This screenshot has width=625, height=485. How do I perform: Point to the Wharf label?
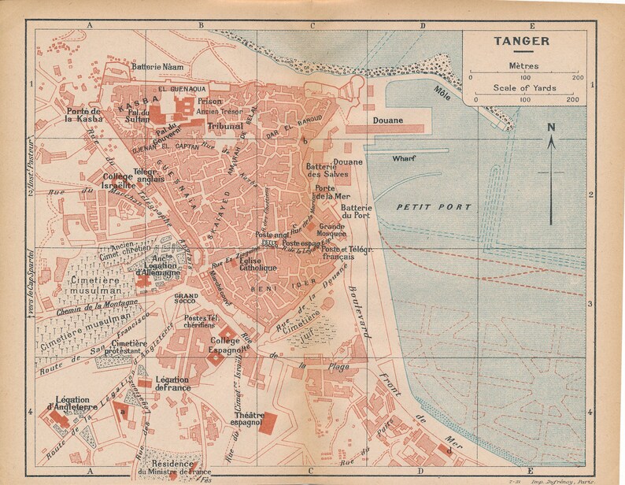coord(403,158)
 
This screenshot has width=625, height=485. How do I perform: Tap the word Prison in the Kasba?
coord(209,101)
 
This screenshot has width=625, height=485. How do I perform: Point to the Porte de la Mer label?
coord(330,193)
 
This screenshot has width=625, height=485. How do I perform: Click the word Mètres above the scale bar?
coord(523,65)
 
